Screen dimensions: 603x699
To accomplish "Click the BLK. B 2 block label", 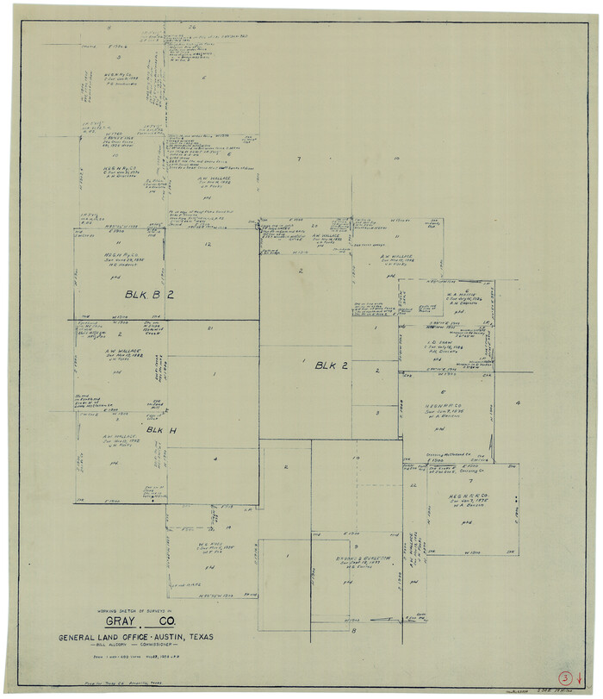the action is coord(149,295).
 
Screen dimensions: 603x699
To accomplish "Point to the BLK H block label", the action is coord(161,429).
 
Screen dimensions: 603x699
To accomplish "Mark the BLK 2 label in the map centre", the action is coord(331,365).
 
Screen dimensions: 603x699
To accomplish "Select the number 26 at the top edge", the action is coord(194,28).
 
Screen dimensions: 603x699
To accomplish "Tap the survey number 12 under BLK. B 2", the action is coord(208,245).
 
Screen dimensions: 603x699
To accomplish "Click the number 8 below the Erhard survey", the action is coord(353,631).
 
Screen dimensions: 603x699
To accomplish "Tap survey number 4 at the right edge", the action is coord(518,403).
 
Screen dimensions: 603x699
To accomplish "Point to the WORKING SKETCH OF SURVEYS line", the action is coord(137,609).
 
